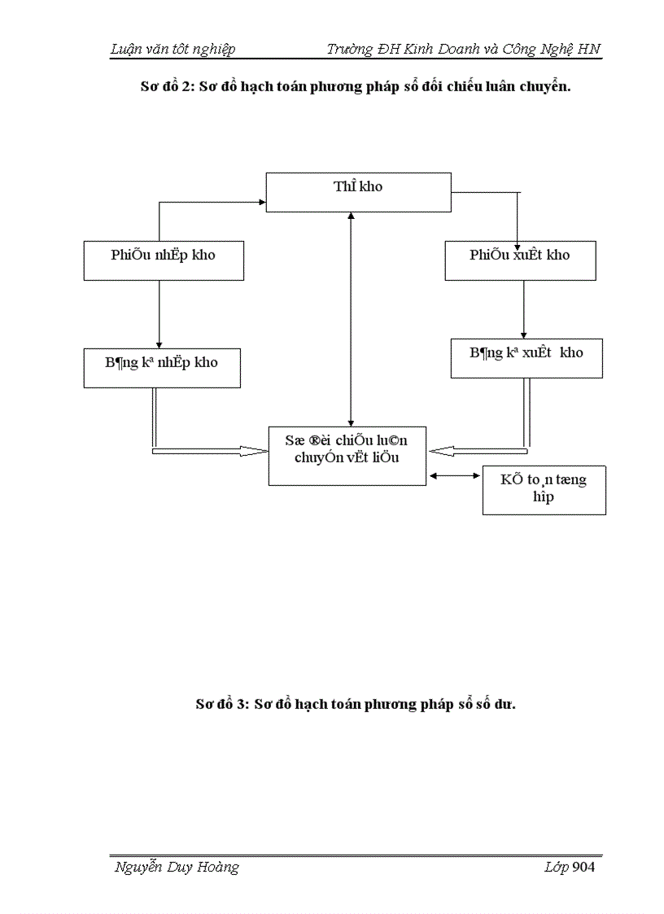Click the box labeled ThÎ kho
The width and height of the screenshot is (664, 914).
(x=359, y=192)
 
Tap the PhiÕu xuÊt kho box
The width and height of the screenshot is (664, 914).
(x=519, y=260)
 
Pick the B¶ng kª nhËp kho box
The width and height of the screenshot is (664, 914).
(x=161, y=368)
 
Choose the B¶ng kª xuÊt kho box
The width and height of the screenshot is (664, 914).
(x=526, y=358)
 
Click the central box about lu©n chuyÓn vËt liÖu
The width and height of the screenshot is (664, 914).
(x=347, y=455)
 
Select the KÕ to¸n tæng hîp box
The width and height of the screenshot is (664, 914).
(x=544, y=490)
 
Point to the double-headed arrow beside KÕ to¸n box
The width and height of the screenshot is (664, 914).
(x=454, y=476)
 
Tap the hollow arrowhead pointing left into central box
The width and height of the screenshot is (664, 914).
(x=440, y=450)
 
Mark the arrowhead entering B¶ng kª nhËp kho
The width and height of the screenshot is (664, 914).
(x=159, y=344)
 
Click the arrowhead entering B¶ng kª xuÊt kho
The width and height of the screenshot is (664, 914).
(x=522, y=335)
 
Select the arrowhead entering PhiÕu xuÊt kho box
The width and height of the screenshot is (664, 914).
(x=518, y=237)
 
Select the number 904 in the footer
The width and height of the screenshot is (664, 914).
(x=584, y=868)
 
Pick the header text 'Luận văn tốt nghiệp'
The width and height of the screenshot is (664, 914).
(x=173, y=50)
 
